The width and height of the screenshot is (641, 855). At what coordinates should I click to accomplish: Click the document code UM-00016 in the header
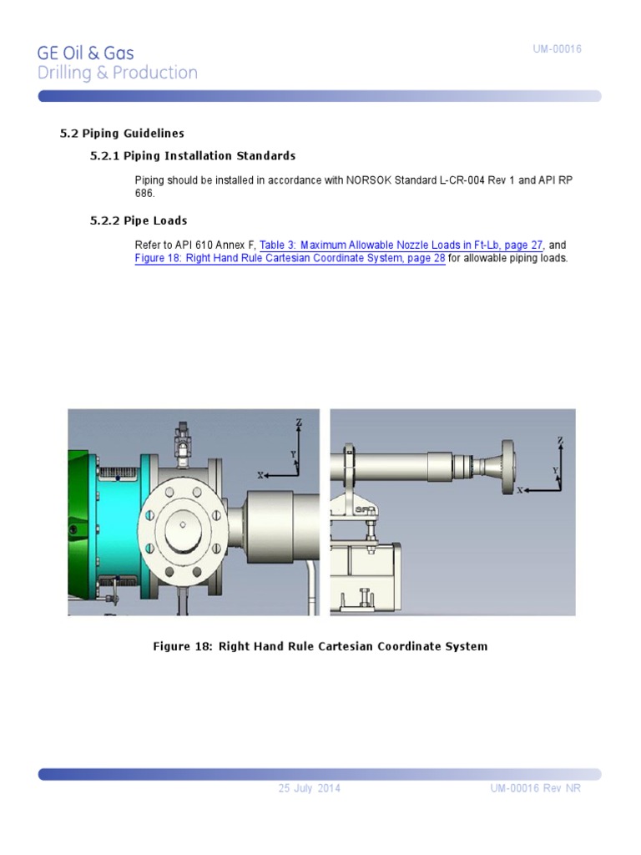click(557, 49)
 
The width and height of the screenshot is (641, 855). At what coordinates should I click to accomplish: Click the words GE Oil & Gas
click(85, 53)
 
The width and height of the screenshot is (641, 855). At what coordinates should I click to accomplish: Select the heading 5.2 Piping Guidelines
click(122, 133)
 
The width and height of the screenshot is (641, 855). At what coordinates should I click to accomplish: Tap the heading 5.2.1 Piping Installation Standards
click(192, 155)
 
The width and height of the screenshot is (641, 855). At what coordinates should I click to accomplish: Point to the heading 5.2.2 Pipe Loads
click(138, 220)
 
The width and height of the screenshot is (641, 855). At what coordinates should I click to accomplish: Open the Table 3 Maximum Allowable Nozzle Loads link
click(401, 245)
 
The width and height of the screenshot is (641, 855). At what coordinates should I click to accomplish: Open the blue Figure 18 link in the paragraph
click(290, 258)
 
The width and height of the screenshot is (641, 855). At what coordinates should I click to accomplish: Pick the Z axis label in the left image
click(298, 423)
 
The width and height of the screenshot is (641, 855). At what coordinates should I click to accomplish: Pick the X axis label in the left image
click(260, 475)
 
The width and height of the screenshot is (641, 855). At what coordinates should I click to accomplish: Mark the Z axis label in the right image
click(560, 440)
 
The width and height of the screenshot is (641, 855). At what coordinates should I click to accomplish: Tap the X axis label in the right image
click(519, 491)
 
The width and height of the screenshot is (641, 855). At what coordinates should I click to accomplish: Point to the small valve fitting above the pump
click(180, 438)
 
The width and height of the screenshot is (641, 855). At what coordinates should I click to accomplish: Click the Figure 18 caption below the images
click(320, 646)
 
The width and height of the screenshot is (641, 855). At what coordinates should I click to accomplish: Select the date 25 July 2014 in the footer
click(309, 789)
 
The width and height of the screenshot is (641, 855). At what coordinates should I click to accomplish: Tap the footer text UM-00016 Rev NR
click(534, 789)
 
